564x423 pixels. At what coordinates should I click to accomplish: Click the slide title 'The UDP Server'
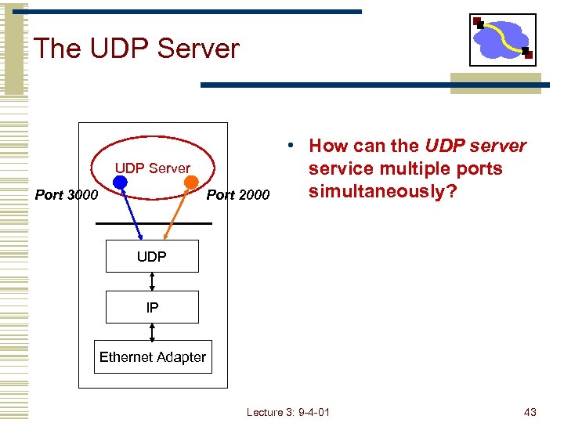point(136,49)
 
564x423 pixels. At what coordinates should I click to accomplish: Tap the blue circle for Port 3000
point(119,183)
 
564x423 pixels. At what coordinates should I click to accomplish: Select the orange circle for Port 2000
point(190,182)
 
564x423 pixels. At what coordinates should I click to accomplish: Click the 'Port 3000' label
point(67,194)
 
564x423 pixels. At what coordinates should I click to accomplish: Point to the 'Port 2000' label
point(237,194)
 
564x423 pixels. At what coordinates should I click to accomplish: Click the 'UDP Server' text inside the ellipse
point(153,168)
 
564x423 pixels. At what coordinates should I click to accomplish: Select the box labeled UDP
point(152,256)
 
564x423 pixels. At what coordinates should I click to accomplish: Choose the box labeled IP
point(152,307)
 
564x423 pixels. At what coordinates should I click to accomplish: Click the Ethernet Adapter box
point(153,357)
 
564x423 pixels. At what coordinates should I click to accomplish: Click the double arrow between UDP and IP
point(152,281)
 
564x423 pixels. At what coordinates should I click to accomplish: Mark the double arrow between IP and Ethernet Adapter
point(152,331)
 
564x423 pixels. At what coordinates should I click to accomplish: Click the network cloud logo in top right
point(502,39)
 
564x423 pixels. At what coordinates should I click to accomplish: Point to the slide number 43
point(530,412)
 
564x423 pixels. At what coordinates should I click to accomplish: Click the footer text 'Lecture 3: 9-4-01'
point(287,412)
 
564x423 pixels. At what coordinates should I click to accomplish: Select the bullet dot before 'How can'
point(290,146)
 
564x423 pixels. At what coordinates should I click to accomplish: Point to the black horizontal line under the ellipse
point(154,224)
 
